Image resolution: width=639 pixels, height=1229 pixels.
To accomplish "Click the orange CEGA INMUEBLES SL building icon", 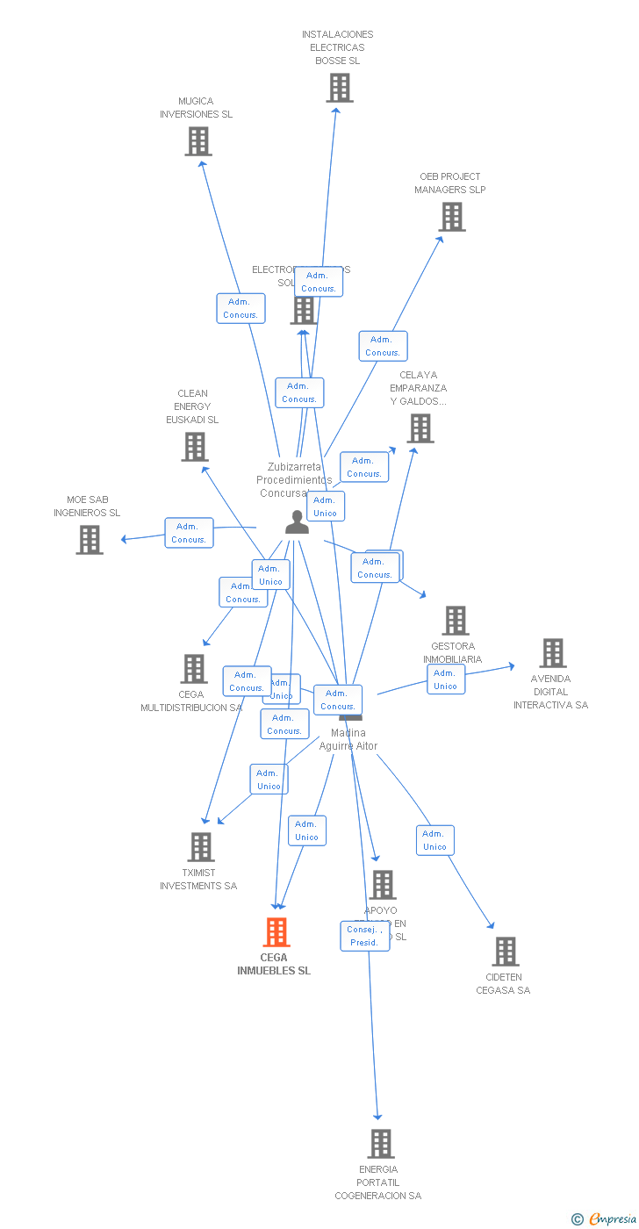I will point(276,932).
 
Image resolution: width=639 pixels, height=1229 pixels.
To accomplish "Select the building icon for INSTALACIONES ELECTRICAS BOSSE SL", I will point(339,88).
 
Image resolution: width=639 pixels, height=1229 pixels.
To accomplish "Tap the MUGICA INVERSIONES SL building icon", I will point(198,141).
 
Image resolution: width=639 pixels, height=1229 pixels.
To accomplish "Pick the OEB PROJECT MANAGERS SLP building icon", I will point(452,217).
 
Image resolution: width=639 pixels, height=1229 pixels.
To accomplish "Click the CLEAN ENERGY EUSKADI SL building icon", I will point(194,447).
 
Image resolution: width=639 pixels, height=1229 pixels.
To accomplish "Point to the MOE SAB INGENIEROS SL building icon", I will point(90,540).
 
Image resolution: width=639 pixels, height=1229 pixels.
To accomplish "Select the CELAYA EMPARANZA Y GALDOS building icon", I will point(420,428).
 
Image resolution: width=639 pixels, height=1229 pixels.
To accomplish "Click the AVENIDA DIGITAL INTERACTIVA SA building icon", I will point(552,653).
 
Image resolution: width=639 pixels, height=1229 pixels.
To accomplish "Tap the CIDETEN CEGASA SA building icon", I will point(505,952).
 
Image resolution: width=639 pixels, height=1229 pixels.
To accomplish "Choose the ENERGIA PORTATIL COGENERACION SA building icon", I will point(380,1144).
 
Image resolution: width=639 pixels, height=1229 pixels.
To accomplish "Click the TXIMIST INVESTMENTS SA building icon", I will point(201,847).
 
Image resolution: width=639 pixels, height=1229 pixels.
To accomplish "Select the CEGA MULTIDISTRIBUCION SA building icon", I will point(194,669).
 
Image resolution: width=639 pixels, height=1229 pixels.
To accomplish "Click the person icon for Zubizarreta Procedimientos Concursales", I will point(298,522).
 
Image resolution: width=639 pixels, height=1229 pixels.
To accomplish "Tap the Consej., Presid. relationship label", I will point(364,936).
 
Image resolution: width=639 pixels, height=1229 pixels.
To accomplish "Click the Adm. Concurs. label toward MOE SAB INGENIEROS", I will point(189,533).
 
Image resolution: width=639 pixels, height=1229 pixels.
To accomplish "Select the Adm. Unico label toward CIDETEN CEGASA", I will point(434,840).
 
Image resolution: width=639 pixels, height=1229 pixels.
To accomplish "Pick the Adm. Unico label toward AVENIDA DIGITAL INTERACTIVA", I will point(446,679).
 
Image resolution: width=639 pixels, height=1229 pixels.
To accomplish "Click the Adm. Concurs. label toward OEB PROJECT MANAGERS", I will point(383,346).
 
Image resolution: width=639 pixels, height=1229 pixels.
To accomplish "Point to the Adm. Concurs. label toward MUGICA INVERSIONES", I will point(241,308).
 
